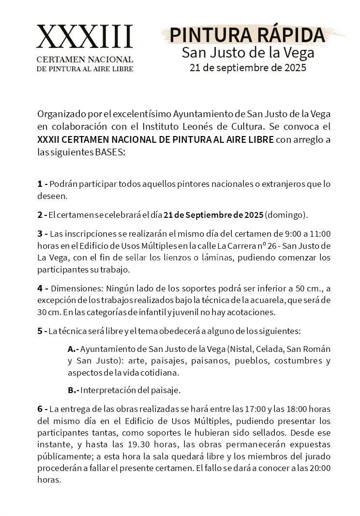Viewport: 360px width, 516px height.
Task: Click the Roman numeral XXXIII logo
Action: point(85,37)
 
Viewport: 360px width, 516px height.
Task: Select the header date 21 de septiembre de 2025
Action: point(248,68)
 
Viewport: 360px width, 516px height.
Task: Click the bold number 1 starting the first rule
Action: point(40,184)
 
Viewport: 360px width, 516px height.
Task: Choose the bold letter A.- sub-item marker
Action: point(73,349)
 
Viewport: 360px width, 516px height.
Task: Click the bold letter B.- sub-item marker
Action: point(73,390)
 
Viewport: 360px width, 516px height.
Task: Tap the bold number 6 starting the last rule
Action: point(40,410)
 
